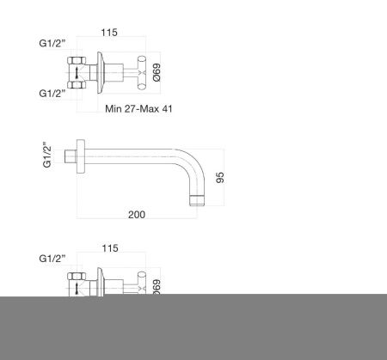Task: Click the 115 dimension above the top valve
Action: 107,32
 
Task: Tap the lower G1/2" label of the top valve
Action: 52,92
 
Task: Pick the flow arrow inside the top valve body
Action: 77,74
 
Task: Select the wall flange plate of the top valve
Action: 101,74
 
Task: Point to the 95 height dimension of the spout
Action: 220,178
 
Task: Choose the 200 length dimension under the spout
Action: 136,215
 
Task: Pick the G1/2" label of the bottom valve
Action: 52,258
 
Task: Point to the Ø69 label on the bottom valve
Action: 157,284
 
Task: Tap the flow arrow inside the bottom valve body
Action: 77,285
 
